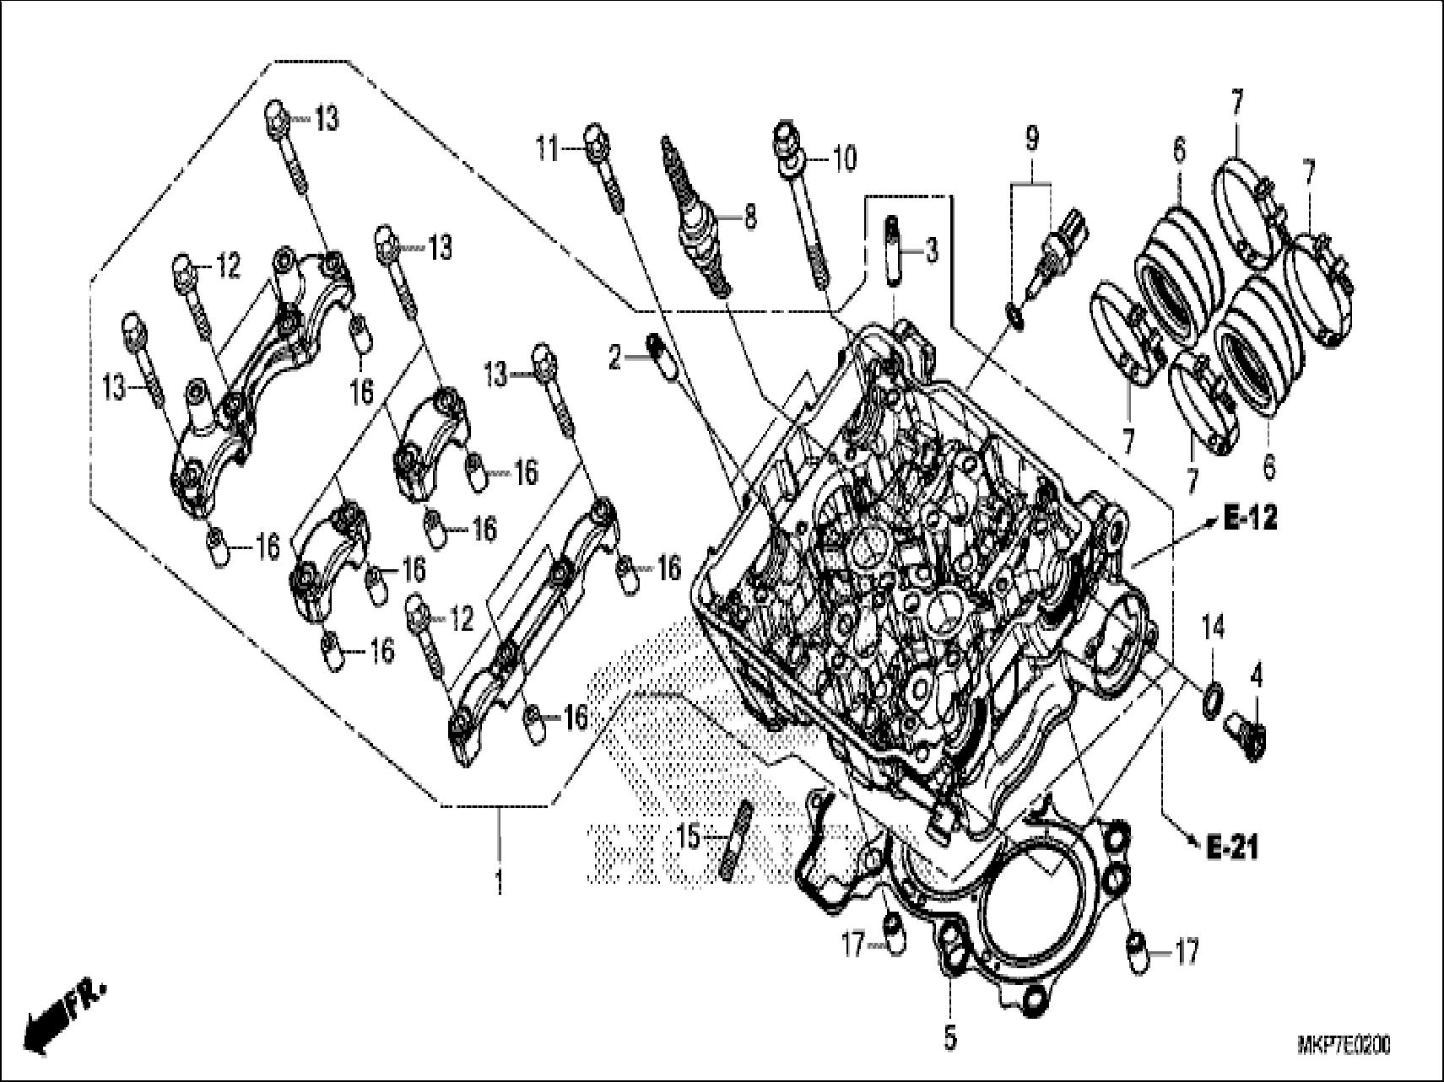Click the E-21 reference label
pos(1230,848)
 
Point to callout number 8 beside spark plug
pos(749,218)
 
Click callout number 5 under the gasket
pos(950,1039)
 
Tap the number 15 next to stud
pos(690,837)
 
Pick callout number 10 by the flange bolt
pos(844,158)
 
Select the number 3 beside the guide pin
pos(929,250)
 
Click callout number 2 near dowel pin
pos(614,360)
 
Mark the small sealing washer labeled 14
pos(1212,698)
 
